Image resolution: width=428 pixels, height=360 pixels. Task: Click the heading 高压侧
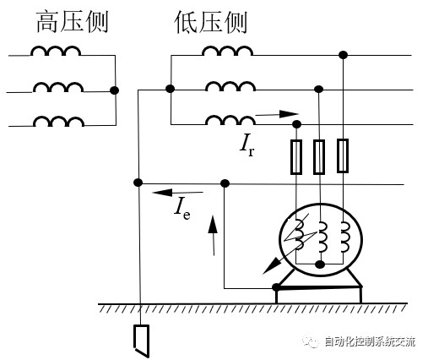(73, 22)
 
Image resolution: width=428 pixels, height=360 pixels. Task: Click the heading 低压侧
(211, 23)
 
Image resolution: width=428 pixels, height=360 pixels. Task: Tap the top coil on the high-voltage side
(56, 51)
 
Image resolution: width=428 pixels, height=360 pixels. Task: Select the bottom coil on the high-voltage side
(59, 121)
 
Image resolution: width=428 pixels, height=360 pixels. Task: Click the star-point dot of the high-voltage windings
(114, 90)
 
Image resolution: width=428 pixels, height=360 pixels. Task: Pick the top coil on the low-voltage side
(227, 51)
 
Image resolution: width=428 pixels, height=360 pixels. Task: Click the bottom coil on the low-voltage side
(230, 120)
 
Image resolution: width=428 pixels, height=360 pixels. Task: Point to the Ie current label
(182, 209)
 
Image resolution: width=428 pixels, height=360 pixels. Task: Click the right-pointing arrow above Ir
(277, 114)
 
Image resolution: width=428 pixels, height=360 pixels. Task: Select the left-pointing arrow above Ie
(177, 193)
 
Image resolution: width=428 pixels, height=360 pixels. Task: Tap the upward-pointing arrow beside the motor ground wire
(213, 236)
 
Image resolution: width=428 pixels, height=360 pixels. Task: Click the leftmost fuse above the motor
(296, 157)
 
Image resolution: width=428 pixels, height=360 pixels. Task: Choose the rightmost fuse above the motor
(343, 155)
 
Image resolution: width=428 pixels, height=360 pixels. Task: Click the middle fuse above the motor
(319, 157)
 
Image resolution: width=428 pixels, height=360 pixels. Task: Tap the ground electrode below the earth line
(141, 341)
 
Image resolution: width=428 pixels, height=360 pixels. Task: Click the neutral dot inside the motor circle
(320, 265)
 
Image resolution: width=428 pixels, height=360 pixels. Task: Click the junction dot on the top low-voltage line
(343, 55)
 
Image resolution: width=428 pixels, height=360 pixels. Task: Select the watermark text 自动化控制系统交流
(370, 341)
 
